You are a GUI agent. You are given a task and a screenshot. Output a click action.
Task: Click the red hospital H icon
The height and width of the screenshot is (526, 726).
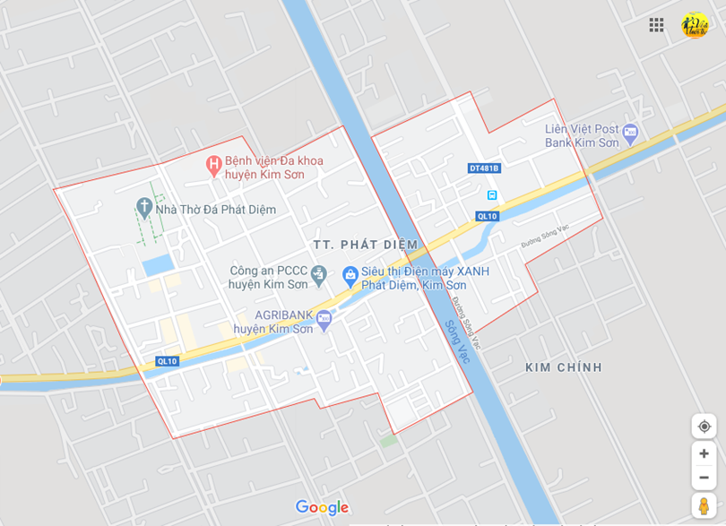[x=213, y=165]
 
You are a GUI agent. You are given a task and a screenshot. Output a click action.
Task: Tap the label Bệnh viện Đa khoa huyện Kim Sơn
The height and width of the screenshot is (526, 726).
[x=274, y=168]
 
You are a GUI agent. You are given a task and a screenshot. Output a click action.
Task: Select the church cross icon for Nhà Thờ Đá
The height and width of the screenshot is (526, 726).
[x=144, y=208]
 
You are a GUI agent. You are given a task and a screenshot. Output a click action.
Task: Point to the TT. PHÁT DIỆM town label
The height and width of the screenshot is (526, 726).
[x=366, y=245]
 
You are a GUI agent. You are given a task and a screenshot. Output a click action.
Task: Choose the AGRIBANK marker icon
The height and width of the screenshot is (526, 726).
[x=324, y=318]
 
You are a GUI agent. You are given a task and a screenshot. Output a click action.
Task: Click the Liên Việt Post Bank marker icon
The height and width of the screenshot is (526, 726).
[x=630, y=134]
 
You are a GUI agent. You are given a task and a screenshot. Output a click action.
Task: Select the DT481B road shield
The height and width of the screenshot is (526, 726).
[x=484, y=168]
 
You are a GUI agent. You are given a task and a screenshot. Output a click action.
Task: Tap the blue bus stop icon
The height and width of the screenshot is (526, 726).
[x=491, y=194]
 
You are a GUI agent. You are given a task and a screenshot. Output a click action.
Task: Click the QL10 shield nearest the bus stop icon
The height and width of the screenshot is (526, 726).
[x=487, y=216]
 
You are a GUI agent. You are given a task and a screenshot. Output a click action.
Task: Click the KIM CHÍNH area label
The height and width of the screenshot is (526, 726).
[x=564, y=367]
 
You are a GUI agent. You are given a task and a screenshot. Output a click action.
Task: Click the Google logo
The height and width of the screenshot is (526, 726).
[x=322, y=508]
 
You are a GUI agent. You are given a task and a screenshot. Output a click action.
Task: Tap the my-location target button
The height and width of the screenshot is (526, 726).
[x=704, y=426]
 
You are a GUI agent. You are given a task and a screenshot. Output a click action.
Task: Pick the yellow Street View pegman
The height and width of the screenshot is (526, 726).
[x=704, y=505]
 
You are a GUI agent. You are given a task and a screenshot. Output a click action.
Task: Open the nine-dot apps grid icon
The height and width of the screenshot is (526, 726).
[x=656, y=25]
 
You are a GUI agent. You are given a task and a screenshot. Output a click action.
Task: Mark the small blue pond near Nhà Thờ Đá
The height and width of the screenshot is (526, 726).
[x=158, y=264]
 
